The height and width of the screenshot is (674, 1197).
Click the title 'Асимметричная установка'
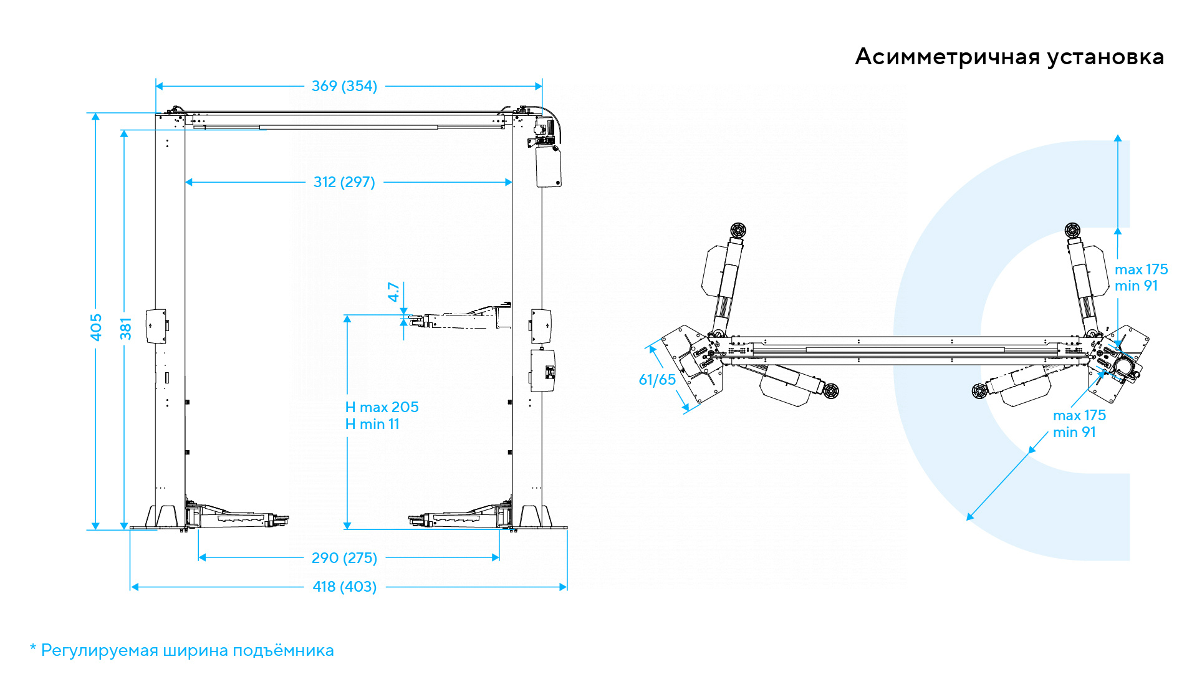coord(1009,57)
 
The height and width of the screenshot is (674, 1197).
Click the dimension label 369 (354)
coord(344,86)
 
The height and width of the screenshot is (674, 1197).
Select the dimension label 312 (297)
coord(344,182)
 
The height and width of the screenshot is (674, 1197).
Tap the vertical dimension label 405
coord(96,327)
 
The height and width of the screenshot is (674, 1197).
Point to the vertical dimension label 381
coord(126,329)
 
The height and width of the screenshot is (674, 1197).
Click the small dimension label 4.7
coord(393,292)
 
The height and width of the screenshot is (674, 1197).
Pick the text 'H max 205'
coord(382,407)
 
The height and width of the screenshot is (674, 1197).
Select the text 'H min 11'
coord(372,424)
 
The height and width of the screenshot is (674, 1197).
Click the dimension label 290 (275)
coord(344,558)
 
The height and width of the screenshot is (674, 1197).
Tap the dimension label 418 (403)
coord(344,587)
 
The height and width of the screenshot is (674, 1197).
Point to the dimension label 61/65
coord(657,380)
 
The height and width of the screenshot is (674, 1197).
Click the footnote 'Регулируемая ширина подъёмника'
coord(187,650)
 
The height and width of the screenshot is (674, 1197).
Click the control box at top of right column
coord(548,166)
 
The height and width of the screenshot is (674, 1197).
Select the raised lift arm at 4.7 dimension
coord(461,319)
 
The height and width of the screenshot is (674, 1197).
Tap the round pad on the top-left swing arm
coord(738,230)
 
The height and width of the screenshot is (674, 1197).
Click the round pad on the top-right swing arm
coord(1072,230)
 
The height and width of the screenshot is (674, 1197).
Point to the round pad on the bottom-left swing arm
coord(830,392)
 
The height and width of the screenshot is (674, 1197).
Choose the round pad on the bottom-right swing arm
coord(980,392)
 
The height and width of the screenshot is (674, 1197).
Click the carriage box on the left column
coord(156,326)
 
